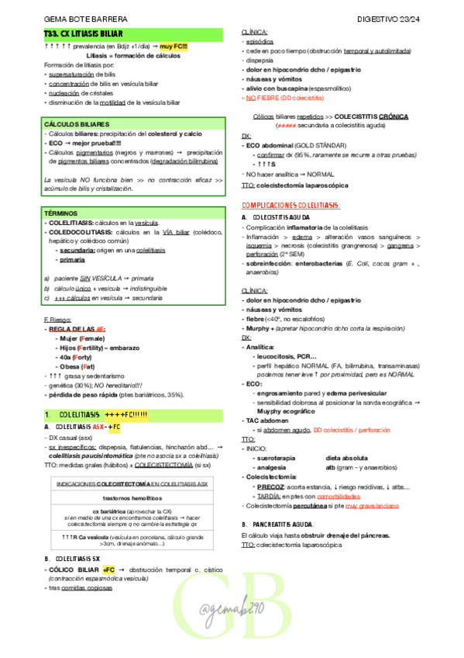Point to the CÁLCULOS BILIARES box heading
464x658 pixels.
77,124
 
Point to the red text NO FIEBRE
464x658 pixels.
263,99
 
